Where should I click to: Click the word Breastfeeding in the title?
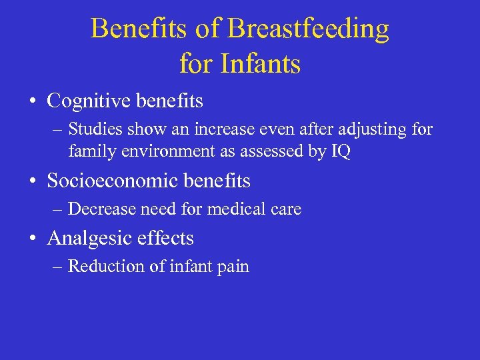coord(308,29)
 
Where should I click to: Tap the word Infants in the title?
coord(260,65)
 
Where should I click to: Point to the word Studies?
coord(94,130)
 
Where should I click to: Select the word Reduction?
coord(101,267)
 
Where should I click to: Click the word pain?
coord(233,267)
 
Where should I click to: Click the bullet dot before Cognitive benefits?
coord(33,102)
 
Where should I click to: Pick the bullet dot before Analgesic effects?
coord(33,239)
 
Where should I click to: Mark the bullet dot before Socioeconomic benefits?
coord(33,181)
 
